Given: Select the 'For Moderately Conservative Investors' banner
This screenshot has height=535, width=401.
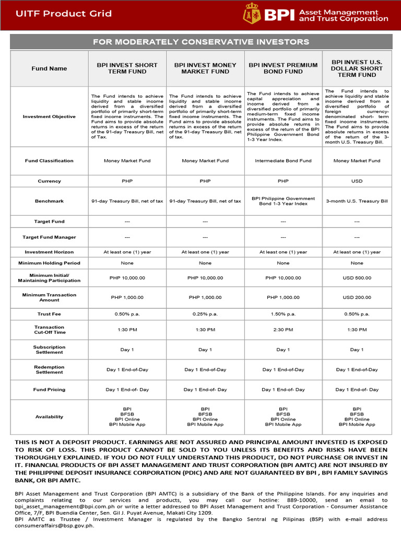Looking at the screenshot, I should [x=200, y=42].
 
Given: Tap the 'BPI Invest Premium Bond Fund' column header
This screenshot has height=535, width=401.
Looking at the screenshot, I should [x=283, y=68].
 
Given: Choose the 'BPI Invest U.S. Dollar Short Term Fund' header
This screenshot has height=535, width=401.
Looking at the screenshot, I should [x=357, y=68].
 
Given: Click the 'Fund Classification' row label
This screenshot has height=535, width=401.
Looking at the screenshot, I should [x=49, y=161].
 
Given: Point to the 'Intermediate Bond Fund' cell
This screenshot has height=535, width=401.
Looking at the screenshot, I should [x=283, y=161].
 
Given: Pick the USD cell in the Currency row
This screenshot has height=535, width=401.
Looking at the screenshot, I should [x=357, y=181].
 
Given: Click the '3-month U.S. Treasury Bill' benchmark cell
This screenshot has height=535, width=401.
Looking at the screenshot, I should [x=357, y=201].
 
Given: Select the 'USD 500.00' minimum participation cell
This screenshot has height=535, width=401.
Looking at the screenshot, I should [x=357, y=278].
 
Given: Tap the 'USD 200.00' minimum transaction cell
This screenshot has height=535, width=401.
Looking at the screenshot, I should [x=357, y=297].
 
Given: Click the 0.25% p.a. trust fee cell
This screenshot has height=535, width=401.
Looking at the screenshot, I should [x=205, y=314].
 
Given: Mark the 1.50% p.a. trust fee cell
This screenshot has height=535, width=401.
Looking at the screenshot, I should [x=283, y=314].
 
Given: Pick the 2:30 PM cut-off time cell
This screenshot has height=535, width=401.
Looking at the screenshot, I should [x=283, y=330].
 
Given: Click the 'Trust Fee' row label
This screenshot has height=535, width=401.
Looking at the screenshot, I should [x=49, y=314].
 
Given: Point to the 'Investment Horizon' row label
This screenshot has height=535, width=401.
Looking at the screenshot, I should [x=49, y=252].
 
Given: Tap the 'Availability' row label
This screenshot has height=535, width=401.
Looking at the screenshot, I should [x=49, y=417].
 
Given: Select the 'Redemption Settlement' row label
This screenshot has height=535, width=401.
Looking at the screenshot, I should [x=49, y=369].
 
